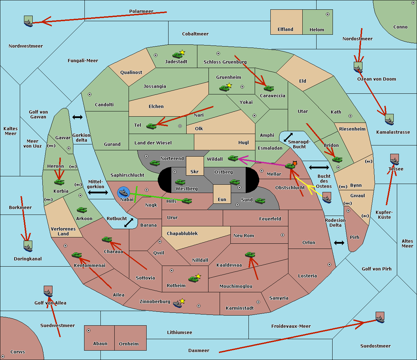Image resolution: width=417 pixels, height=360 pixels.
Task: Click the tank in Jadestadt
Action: click(x=178, y=55)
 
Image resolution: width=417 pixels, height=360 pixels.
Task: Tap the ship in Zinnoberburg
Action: click(x=178, y=304)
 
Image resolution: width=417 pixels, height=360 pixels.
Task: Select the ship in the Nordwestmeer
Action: click(x=28, y=22)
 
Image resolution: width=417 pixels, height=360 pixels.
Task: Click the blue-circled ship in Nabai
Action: click(x=124, y=193)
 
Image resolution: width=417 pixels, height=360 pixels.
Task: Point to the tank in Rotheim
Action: click(x=194, y=279)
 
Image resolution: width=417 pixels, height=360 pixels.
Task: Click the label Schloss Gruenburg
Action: click(x=225, y=62)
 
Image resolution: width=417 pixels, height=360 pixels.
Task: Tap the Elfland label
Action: click(x=285, y=30)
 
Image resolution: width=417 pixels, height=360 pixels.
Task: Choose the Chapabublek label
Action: click(x=182, y=233)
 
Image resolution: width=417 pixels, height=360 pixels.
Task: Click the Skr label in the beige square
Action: click(x=195, y=171)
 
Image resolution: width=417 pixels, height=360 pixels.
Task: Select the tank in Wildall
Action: click(x=233, y=158)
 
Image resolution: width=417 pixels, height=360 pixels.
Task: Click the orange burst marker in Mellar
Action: click(x=295, y=163)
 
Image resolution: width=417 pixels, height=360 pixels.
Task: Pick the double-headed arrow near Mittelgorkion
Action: click(x=98, y=192)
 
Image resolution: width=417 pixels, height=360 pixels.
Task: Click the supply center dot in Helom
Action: click(x=327, y=14)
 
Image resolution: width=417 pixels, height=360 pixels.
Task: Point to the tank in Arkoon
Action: click(x=82, y=210)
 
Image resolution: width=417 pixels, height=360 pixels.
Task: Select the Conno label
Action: click(x=400, y=27)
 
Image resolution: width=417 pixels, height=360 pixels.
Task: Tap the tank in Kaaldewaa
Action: click(x=250, y=255)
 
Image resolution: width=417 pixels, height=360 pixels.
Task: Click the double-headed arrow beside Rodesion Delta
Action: click(x=339, y=243)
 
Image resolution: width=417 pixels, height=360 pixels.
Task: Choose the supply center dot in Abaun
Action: click(x=89, y=330)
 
